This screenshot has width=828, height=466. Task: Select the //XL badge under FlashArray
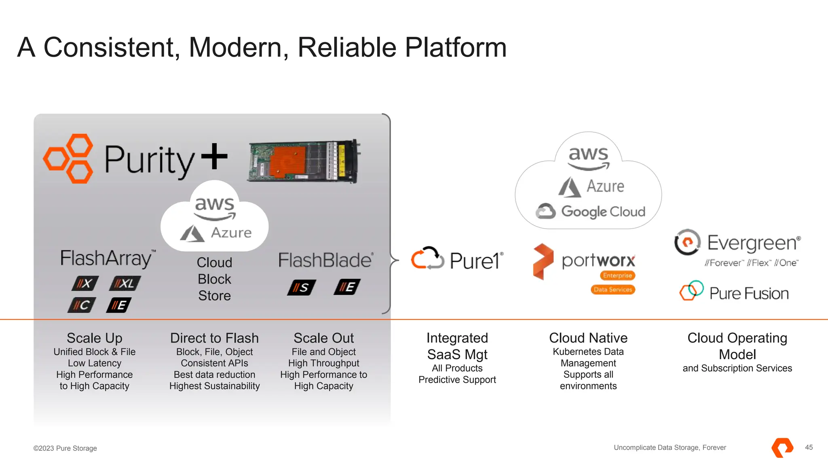125,283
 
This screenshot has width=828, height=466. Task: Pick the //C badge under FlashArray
82,305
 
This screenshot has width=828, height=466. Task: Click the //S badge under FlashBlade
301,288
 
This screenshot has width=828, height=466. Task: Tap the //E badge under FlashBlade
347,287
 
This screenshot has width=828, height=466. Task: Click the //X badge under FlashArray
85,283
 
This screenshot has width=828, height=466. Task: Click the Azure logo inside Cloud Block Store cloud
216,233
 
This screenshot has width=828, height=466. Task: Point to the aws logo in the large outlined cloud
588,157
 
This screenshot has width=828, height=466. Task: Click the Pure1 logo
457,259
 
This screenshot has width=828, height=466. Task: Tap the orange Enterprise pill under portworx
617,275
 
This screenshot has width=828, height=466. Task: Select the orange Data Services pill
613,290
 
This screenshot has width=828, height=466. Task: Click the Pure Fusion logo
734,292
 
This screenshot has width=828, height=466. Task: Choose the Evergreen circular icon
687,242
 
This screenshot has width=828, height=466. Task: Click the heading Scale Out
323,338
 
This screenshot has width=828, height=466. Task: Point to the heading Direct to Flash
214,338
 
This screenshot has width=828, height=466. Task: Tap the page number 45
809,447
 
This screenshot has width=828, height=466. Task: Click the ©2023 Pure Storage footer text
65,448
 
